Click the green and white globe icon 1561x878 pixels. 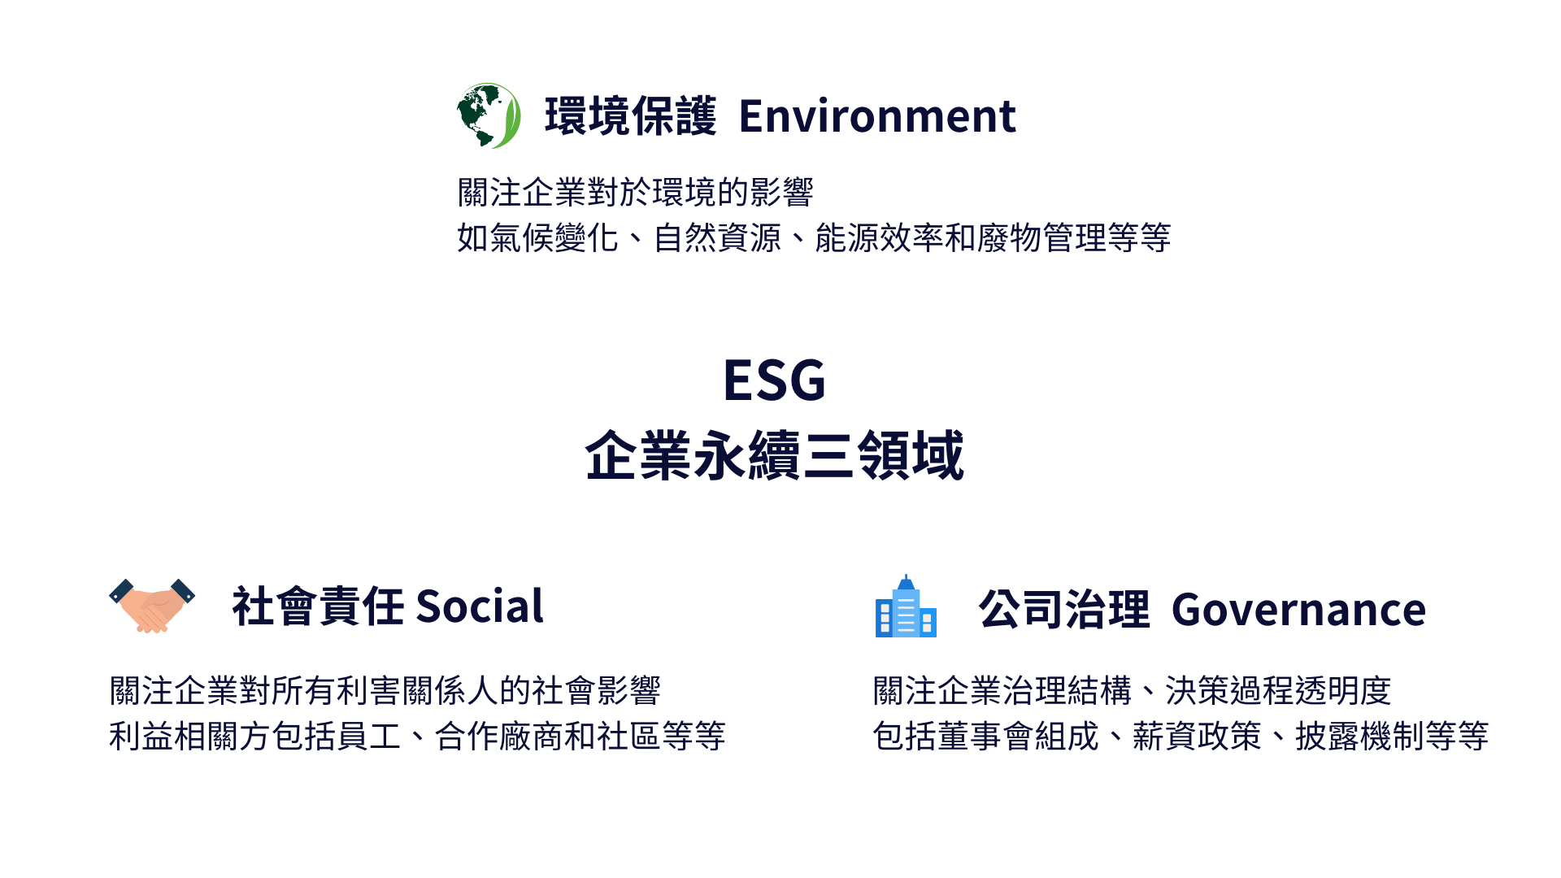coord(489,115)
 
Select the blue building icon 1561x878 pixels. coord(906,606)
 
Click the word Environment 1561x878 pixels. coord(877,116)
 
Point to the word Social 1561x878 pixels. coord(480,606)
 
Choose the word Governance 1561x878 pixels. coord(1299,610)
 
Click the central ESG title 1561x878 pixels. coord(775,380)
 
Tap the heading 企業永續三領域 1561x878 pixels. coord(775,455)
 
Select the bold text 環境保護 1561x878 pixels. coord(631,116)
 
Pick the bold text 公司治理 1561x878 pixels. coord(1065,610)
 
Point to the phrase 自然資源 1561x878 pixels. coord(717,238)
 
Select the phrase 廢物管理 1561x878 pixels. coord(1042,238)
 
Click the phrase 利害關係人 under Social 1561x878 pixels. coord(418,691)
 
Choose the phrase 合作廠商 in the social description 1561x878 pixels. coord(499,737)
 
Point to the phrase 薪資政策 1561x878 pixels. coord(1198,737)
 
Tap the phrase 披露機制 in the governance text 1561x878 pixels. coord(1360,737)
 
